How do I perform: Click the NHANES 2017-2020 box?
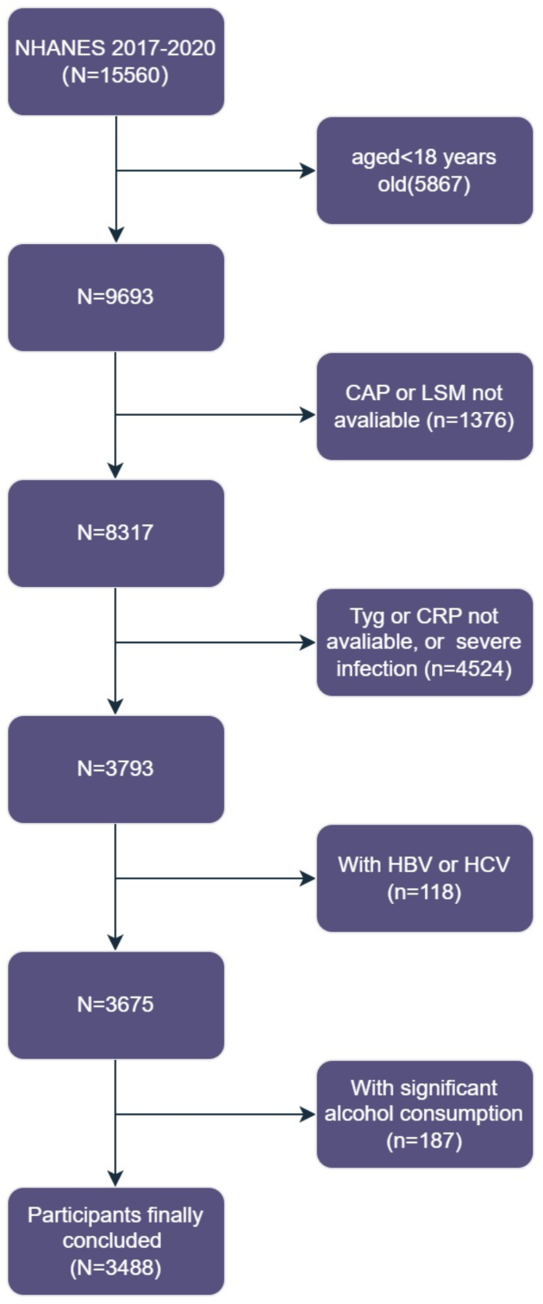[116, 62]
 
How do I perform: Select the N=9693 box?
[116, 297]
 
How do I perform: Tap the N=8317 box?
[116, 532]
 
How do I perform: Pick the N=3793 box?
[116, 768]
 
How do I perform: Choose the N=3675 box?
[116, 1005]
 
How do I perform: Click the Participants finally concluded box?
[116, 1241]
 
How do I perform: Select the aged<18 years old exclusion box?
[424, 170]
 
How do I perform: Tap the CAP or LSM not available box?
[424, 406]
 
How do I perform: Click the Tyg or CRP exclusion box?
[424, 642]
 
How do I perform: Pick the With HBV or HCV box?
[424, 878]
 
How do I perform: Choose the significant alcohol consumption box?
[424, 1114]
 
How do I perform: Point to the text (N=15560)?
[116, 76]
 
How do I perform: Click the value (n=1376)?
[470, 420]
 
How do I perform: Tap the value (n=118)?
[424, 892]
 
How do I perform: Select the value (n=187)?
[424, 1141]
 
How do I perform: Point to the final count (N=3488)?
[116, 1268]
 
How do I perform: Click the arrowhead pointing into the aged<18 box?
[308, 170]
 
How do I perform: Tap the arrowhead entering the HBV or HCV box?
[308, 878]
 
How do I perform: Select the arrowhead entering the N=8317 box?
[116, 471]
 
